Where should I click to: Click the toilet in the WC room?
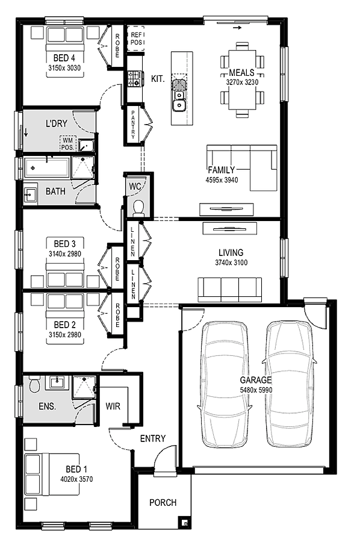139,208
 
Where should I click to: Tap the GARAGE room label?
256,380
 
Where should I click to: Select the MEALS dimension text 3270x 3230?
242,83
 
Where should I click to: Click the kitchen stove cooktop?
135,78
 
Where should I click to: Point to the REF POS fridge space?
136,38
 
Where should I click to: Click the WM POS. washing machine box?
67,143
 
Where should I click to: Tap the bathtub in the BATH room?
46,169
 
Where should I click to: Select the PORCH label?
163,502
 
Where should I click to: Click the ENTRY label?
153,438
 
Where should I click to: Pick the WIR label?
113,406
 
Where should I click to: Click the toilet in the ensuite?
34,384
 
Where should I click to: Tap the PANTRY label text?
133,124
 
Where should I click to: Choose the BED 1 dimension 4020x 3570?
76,479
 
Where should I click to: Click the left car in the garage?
224,384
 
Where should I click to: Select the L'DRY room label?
57,123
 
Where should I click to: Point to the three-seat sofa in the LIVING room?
230,290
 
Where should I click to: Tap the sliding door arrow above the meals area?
237,28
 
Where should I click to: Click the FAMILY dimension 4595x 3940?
222,180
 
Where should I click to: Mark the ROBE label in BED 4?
117,45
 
